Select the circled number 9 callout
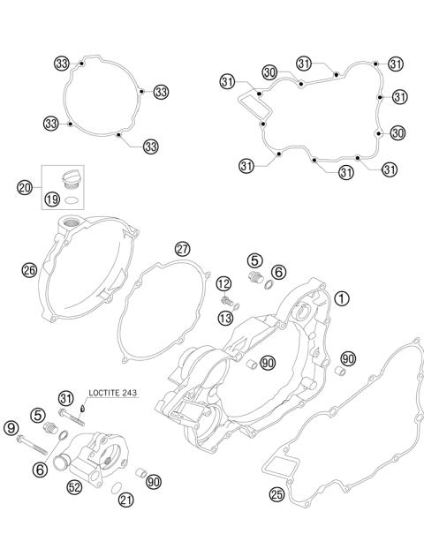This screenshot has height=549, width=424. (11, 429)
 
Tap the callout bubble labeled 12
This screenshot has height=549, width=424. (223, 283)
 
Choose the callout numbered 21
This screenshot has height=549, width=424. (125, 501)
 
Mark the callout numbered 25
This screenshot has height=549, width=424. (276, 494)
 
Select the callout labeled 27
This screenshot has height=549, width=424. (182, 248)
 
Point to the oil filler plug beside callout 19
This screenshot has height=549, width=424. (67, 184)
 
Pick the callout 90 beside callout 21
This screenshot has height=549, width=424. (155, 482)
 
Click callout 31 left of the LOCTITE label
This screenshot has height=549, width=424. (65, 398)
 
